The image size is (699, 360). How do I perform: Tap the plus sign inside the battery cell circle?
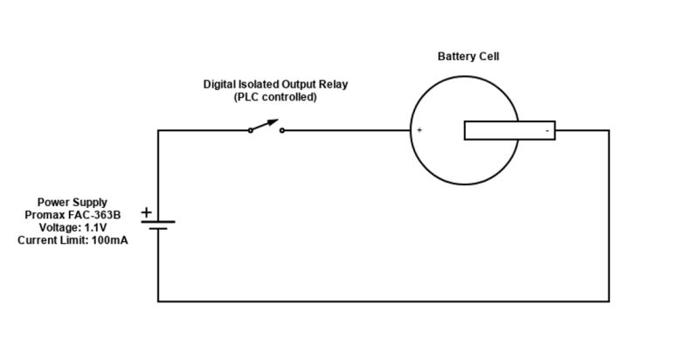tap(419, 130)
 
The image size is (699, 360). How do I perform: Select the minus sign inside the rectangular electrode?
tap(547, 131)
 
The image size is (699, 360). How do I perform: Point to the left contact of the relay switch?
tap(250, 130)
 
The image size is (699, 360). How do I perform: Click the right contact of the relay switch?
tap(281, 130)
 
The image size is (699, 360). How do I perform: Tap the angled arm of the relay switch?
tap(265, 125)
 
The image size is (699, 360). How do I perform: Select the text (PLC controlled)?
tap(274, 97)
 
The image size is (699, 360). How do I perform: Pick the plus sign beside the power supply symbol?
tap(146, 211)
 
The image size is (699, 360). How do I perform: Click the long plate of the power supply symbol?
tap(158, 222)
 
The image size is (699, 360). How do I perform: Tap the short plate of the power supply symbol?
tap(158, 229)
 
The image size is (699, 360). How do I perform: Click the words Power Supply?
tap(72, 202)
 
